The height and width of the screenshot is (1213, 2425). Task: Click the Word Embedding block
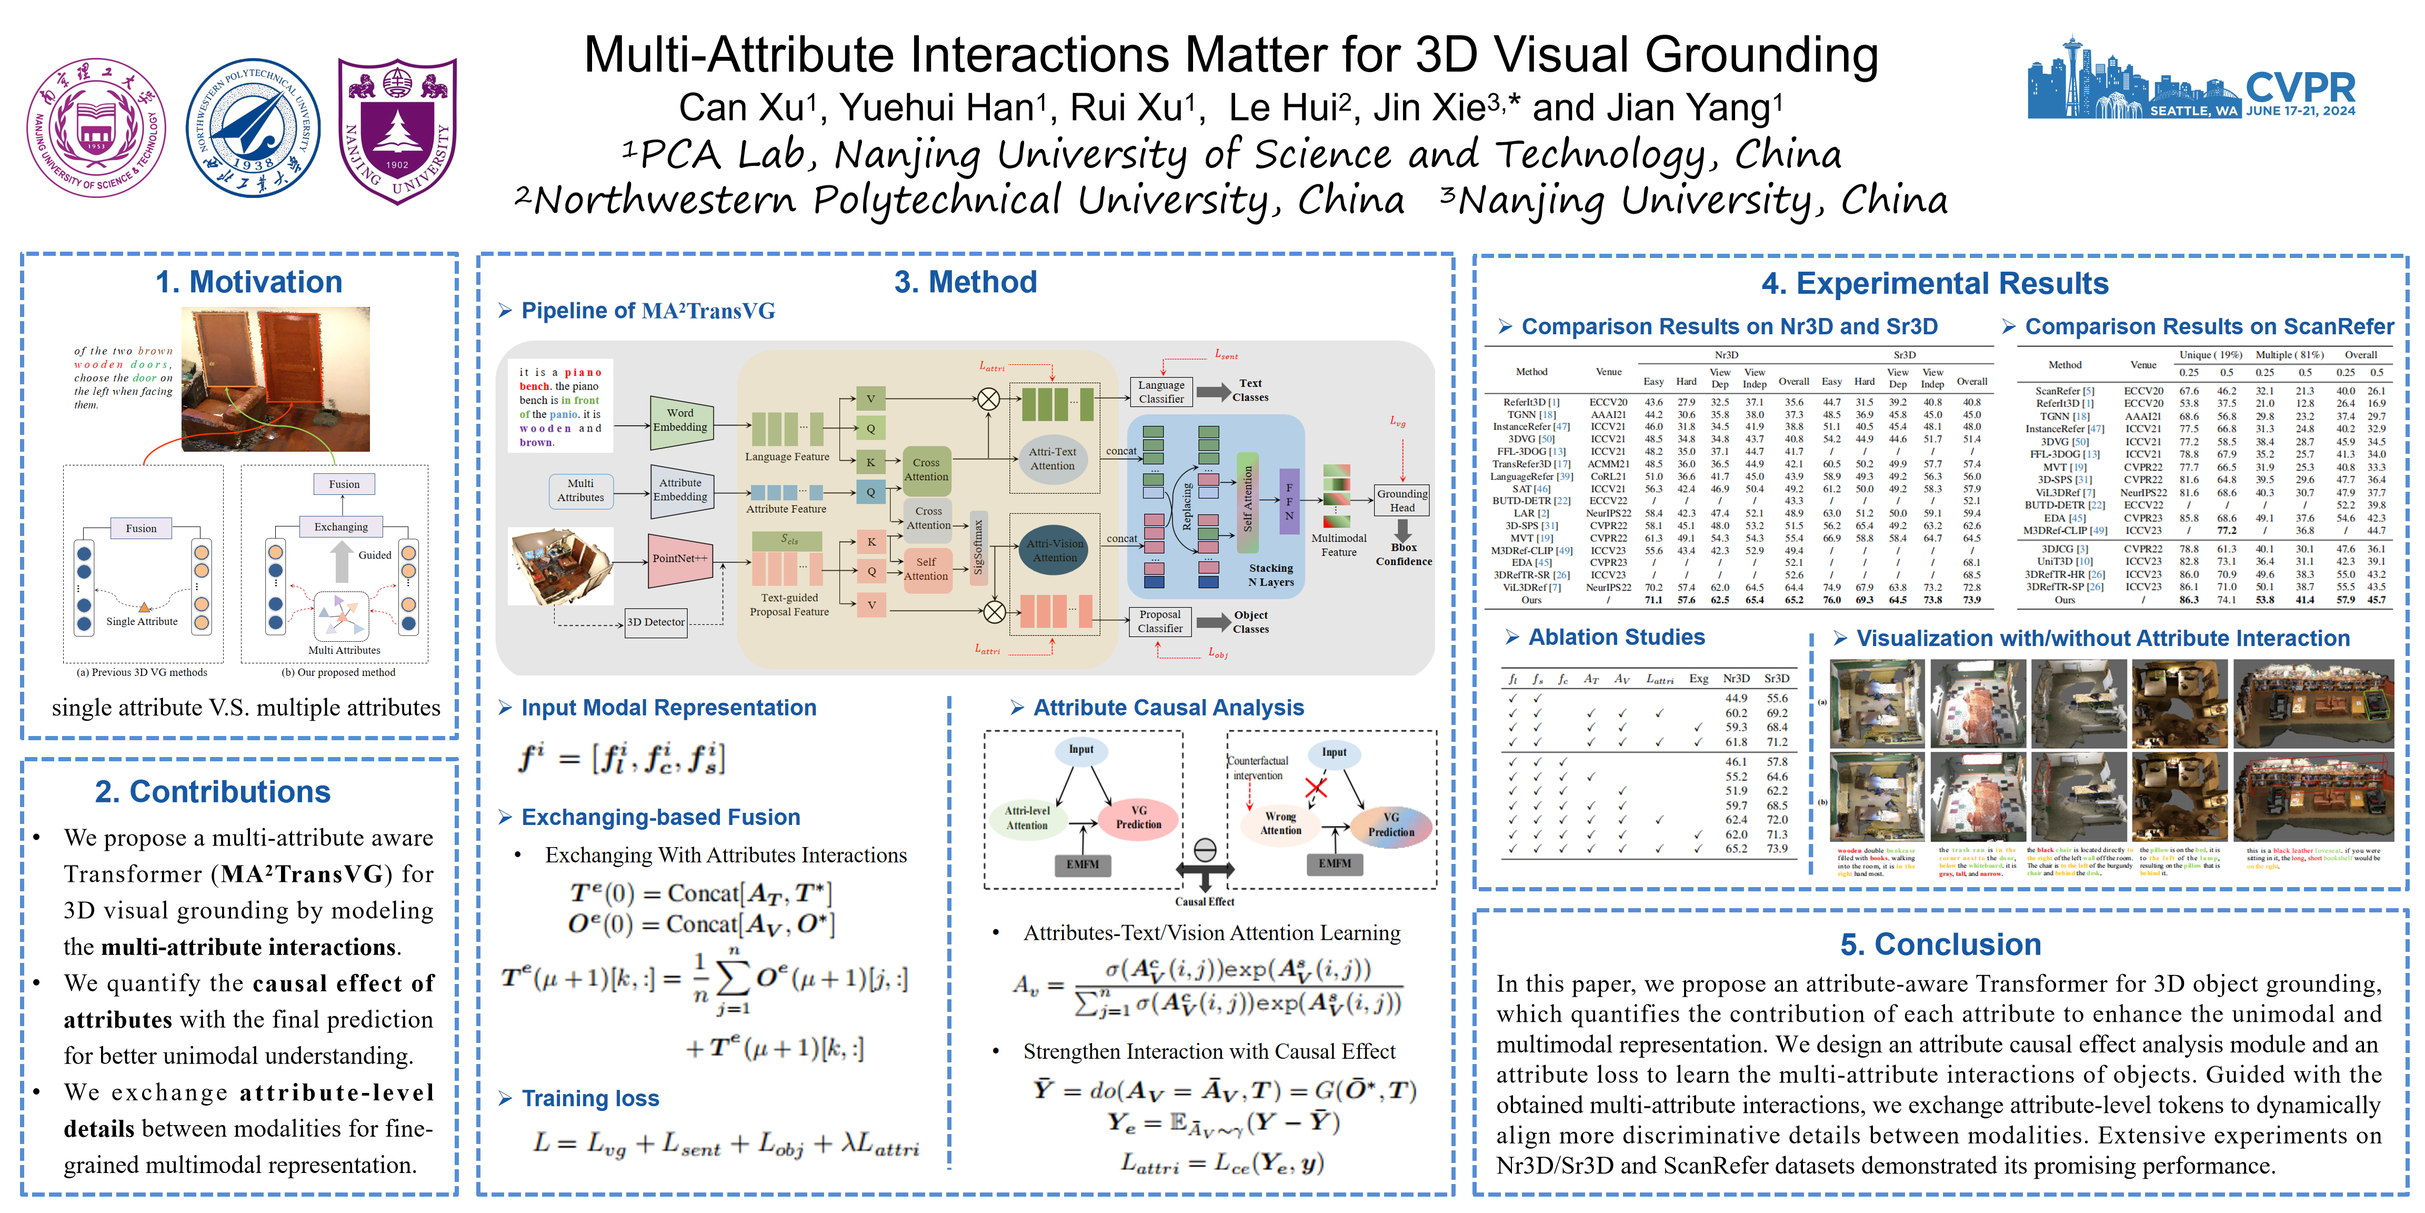click(680, 420)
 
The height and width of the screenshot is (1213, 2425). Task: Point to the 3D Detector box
click(656, 622)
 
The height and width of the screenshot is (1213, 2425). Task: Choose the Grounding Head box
click(1402, 500)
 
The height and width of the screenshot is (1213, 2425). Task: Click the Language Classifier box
click(1161, 392)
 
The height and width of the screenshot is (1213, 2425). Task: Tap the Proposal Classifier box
click(1160, 622)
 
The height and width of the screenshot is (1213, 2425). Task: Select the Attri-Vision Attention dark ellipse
click(1054, 551)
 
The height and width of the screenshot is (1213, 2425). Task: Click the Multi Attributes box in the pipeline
click(581, 491)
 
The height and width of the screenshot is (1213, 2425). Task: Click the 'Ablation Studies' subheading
click(1616, 638)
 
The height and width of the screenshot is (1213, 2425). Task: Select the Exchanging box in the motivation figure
click(341, 528)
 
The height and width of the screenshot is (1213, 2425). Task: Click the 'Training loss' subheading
click(590, 1099)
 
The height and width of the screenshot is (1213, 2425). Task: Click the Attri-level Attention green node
click(1027, 818)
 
